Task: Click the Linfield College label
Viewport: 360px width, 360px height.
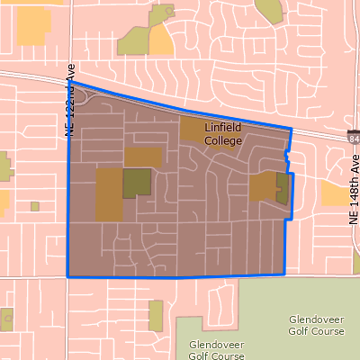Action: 223,133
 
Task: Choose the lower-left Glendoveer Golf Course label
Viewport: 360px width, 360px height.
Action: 217,349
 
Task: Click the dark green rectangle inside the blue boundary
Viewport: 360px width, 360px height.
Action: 138,182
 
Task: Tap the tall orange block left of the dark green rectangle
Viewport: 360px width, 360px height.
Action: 109,193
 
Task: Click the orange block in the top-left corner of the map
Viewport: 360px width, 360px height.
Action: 34,26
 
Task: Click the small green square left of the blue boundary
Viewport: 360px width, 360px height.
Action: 35,206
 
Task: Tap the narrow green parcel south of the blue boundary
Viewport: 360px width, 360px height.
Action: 156,314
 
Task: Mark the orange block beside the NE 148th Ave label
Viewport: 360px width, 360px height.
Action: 337,193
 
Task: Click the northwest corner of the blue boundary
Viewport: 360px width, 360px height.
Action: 71,83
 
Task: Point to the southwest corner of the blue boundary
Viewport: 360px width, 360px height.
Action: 68,276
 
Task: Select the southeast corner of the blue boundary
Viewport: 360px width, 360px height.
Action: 283,274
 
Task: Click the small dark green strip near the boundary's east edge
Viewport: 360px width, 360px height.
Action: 282,188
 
